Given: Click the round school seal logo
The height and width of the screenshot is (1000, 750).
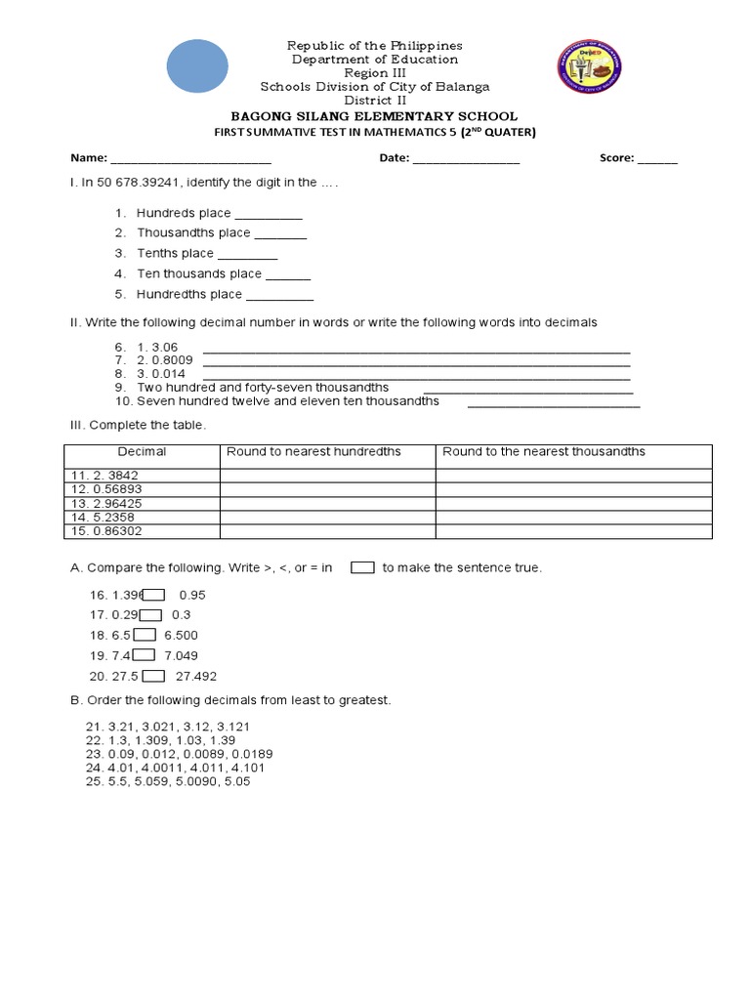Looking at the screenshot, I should (587, 67).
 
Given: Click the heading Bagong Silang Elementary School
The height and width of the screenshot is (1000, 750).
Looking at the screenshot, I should (374, 116).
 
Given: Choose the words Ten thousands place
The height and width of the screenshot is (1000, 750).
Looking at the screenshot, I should (199, 274).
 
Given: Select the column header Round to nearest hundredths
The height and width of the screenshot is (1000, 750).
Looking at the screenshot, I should (313, 452).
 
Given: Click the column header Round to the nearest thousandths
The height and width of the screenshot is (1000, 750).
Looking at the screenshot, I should (544, 452).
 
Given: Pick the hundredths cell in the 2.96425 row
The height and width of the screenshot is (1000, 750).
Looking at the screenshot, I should (327, 503).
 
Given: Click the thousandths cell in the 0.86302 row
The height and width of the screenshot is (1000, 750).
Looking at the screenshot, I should (573, 531).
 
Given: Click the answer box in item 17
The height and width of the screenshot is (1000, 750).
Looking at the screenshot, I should (150, 615).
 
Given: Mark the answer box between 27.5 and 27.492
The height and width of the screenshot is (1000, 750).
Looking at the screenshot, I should (153, 676).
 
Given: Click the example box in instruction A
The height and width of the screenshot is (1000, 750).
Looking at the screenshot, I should (362, 567).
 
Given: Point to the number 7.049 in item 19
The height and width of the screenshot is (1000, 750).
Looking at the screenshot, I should (181, 656).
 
